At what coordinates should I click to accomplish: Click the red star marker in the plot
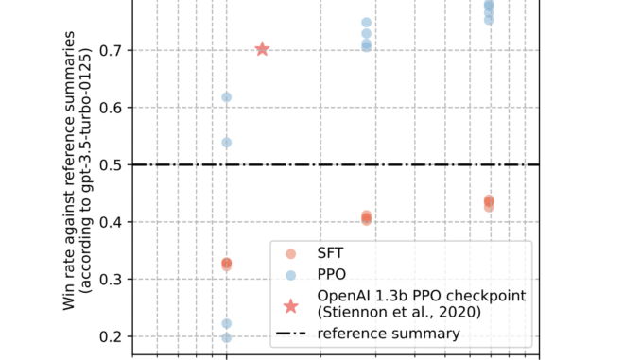click(x=263, y=49)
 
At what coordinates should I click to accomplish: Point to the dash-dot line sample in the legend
click(x=291, y=334)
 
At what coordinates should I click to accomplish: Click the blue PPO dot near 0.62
click(x=227, y=97)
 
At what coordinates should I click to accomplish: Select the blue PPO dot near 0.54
click(x=227, y=143)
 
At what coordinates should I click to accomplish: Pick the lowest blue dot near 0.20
click(x=227, y=337)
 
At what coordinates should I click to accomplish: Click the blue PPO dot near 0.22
click(x=227, y=324)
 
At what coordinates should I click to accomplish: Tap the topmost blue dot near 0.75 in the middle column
click(x=366, y=22)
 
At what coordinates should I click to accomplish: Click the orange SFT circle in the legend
click(x=291, y=253)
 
